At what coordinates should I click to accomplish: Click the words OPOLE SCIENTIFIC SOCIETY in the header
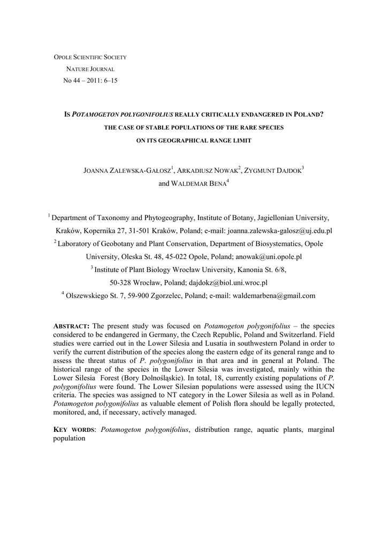90,57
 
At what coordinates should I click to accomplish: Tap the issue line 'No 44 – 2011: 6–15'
90,80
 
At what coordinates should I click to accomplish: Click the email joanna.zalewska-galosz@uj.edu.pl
280,231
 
